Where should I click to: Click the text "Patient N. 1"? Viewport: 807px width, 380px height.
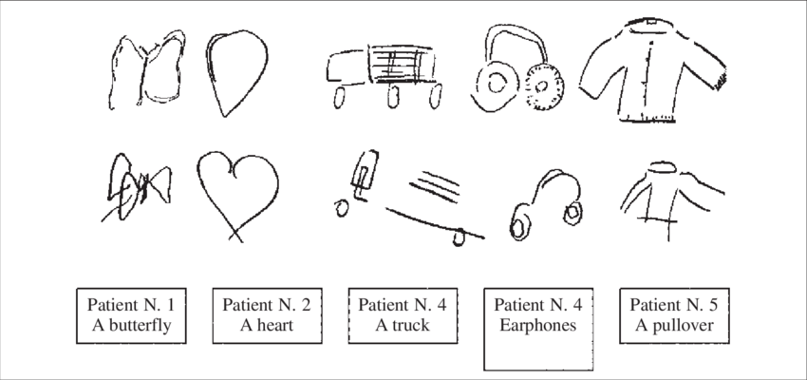[130, 305]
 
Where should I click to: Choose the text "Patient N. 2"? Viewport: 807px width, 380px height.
[267, 305]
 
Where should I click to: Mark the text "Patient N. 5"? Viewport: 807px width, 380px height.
[674, 305]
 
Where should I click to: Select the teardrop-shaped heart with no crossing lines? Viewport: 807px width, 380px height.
[234, 71]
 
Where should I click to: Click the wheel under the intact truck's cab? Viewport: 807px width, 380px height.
[342, 97]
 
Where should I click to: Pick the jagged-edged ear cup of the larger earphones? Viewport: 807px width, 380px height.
[543, 90]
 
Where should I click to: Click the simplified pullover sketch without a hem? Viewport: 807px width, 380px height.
[665, 195]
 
